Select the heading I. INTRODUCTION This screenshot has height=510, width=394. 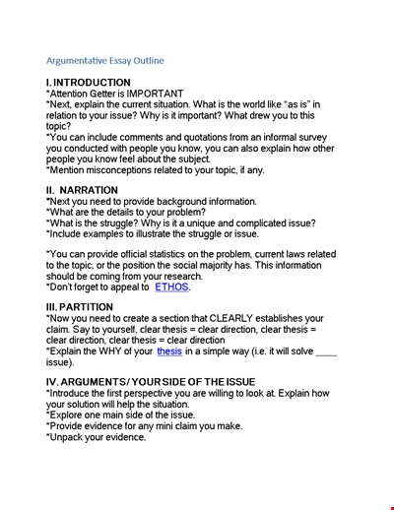click(x=88, y=83)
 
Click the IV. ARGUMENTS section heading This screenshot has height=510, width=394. click(x=151, y=381)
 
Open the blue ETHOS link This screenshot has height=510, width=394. click(x=170, y=288)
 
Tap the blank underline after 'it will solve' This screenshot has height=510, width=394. click(x=324, y=351)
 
